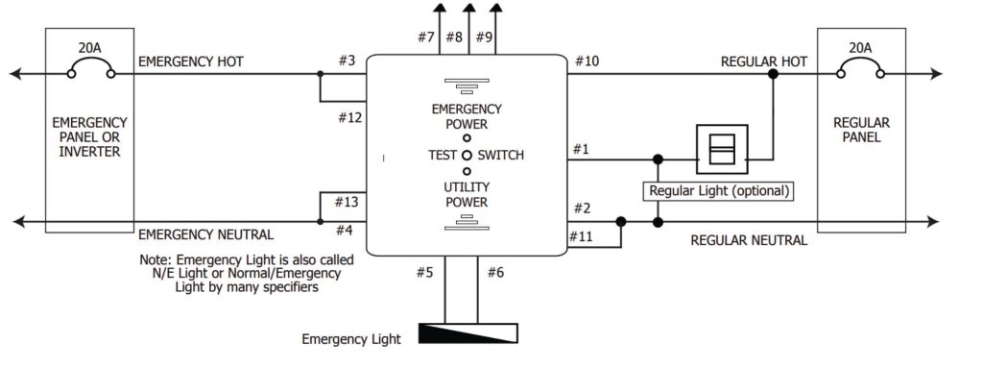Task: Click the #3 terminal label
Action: click(347, 61)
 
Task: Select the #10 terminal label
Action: click(587, 61)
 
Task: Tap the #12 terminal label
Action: click(349, 117)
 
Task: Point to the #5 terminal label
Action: click(424, 273)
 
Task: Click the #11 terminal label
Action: click(582, 236)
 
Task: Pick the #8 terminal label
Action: click(454, 37)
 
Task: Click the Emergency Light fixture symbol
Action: click(468, 333)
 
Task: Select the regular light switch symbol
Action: click(722, 149)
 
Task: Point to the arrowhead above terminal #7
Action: click(440, 8)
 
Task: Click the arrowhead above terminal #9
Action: click(495, 8)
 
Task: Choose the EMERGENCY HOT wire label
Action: click(191, 61)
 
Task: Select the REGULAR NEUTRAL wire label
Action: click(749, 240)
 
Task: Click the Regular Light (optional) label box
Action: click(718, 191)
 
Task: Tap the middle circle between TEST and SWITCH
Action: click(467, 155)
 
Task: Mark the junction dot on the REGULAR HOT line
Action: click(774, 74)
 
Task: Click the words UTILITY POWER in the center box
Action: click(467, 195)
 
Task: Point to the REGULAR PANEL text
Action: click(861, 130)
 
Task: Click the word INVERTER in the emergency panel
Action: click(89, 152)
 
